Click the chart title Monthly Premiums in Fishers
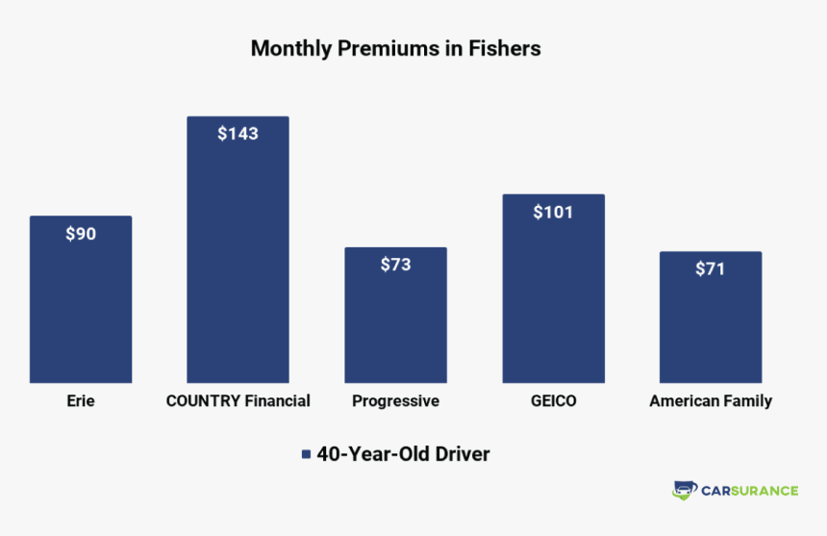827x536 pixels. (395, 48)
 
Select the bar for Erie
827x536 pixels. (81, 308)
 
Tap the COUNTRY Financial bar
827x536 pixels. (238, 260)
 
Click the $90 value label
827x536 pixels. (81, 234)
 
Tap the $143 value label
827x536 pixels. (238, 134)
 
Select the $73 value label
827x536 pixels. (395, 265)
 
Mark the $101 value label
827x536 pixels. (553, 212)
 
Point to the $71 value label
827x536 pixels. (710, 269)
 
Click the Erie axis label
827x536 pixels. (81, 401)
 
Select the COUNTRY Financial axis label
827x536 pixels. (238, 401)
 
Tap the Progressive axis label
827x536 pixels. (395, 401)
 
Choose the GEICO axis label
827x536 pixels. (553, 401)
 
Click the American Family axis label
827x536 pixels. (710, 401)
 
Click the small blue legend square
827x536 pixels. (306, 454)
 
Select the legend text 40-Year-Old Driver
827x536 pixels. (403, 454)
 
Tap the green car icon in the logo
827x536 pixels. (684, 490)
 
